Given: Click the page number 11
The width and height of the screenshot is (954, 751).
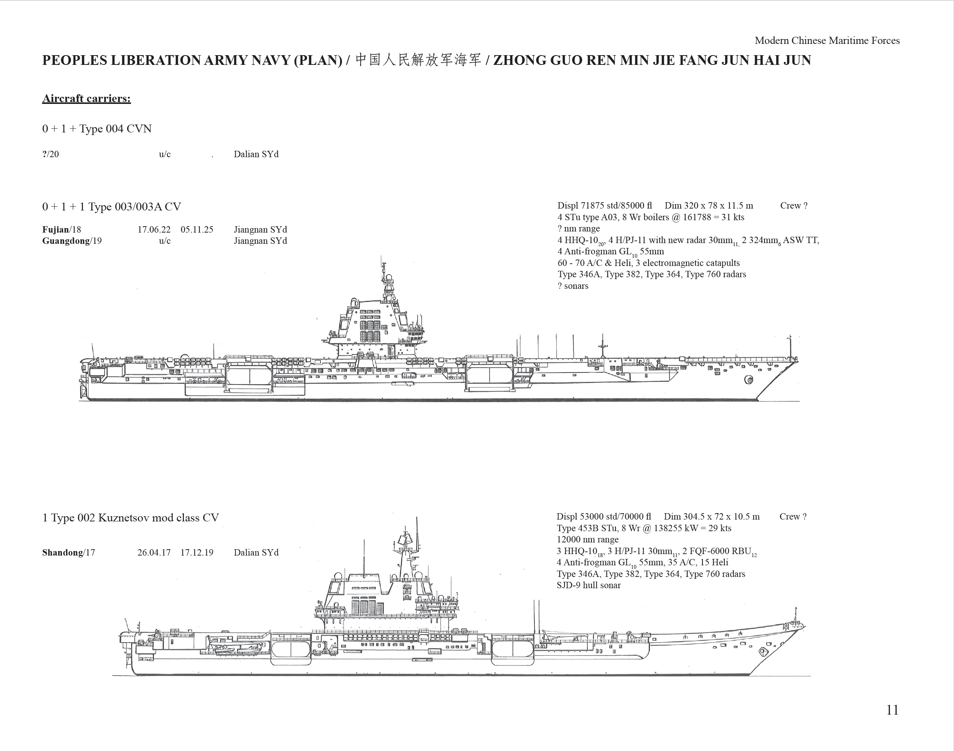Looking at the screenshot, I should (x=892, y=710).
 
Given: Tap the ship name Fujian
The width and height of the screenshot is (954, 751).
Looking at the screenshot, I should (x=56, y=230).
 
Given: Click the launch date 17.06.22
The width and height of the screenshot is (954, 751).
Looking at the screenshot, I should (x=154, y=230).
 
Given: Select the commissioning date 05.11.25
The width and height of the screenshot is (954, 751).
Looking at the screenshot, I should (x=197, y=230).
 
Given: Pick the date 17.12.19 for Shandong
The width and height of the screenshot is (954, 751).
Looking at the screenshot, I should (x=197, y=553).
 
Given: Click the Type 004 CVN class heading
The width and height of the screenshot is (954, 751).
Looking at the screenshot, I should (x=97, y=129).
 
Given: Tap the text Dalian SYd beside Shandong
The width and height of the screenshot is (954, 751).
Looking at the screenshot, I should (x=256, y=553).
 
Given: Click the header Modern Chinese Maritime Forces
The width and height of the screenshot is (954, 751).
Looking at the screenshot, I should (x=827, y=41).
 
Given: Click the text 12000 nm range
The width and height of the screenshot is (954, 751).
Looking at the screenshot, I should (x=587, y=539).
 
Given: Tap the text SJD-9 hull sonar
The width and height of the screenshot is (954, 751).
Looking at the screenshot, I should (x=588, y=585).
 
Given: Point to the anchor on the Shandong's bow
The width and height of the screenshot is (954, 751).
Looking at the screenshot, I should (x=762, y=652).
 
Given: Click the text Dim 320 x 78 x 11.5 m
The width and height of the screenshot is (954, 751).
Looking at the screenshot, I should (x=709, y=206).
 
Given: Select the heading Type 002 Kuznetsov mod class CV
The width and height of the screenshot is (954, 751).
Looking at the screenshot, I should (x=130, y=518).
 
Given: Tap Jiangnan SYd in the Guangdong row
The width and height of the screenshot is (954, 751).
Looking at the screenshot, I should (x=260, y=241).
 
